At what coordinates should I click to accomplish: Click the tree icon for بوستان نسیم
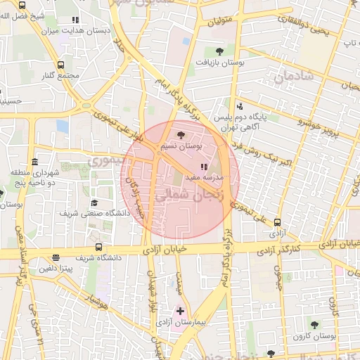coord(181,134)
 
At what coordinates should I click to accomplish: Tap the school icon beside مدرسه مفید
coord(204,167)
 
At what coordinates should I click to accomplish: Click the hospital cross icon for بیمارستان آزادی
coord(180,310)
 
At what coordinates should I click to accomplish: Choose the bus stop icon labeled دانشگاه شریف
coord(98,247)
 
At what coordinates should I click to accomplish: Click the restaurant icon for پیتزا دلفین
coord(56,257)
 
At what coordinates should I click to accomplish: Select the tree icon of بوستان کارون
coord(314,325)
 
